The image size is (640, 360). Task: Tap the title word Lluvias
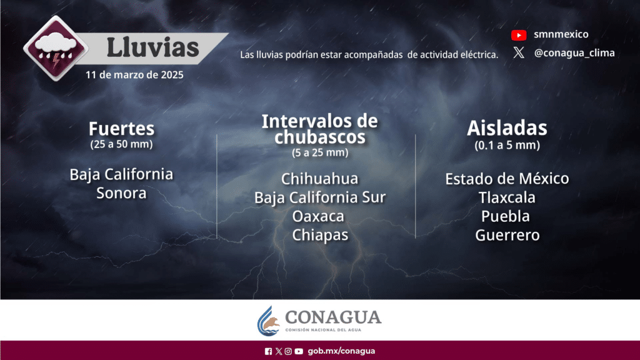click(152, 47)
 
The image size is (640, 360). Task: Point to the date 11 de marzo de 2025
click(134, 75)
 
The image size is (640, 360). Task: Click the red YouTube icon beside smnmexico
click(519, 35)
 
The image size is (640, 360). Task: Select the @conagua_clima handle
click(574, 53)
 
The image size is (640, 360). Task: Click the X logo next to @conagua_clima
click(519, 52)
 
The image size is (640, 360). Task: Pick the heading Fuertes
click(122, 129)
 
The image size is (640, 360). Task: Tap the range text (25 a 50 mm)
click(122, 144)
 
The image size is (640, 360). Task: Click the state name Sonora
click(121, 193)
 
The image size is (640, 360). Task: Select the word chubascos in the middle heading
click(320, 137)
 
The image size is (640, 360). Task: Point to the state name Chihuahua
click(319, 179)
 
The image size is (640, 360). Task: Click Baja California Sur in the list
click(320, 197)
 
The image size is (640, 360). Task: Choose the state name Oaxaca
click(318, 216)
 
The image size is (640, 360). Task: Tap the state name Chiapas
click(320, 235)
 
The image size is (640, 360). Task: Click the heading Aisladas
click(507, 127)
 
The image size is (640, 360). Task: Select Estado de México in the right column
click(507, 179)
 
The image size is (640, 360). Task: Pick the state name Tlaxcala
click(507, 197)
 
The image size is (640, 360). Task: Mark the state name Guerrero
click(507, 235)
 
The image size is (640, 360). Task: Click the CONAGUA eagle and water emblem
click(269, 322)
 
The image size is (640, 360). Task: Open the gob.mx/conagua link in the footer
click(341, 351)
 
